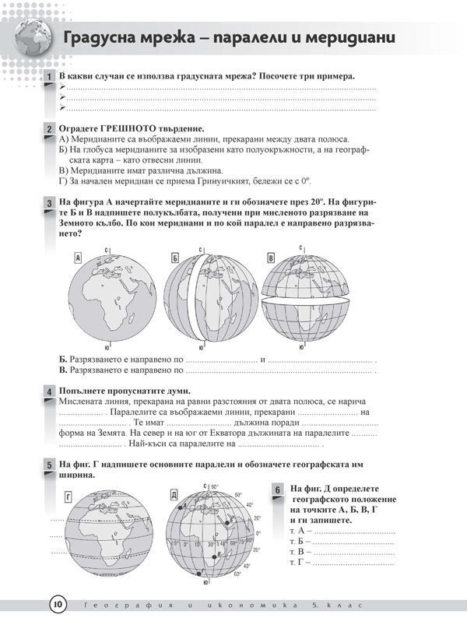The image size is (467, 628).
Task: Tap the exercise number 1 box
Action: click(x=48, y=78)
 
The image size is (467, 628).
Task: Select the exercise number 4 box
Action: click(x=48, y=391)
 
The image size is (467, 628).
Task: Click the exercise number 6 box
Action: click(x=278, y=489)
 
